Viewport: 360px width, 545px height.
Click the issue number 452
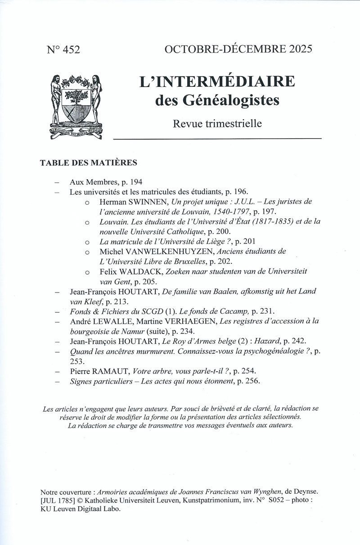click(70, 50)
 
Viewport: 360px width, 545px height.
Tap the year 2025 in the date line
click(297, 49)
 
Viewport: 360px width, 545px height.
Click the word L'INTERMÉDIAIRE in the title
click(217, 82)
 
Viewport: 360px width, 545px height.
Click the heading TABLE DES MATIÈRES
click(89, 162)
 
